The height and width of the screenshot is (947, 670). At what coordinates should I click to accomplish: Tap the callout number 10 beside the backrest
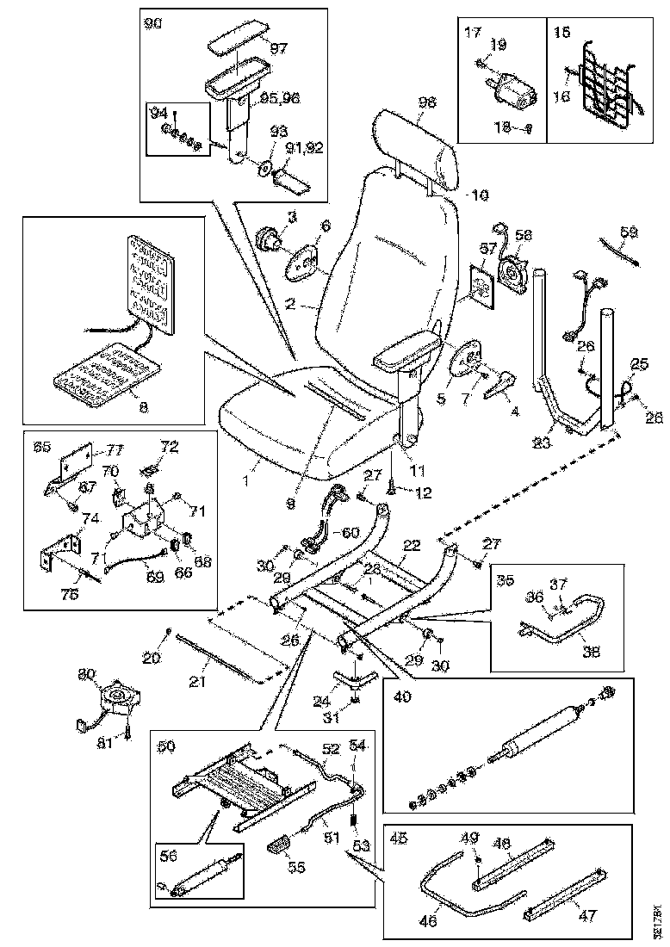(x=480, y=195)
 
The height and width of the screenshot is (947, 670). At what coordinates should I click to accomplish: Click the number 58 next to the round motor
(x=523, y=234)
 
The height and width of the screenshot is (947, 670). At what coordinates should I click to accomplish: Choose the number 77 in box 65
(x=115, y=448)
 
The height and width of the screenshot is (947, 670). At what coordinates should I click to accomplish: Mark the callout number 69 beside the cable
(x=154, y=576)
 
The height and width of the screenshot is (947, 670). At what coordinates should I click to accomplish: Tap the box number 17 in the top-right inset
(x=472, y=32)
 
